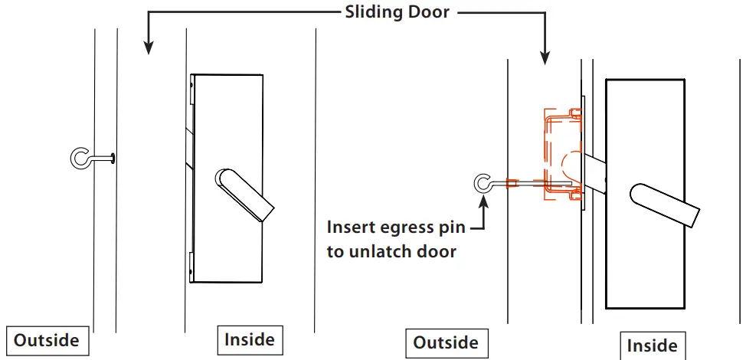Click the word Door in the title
pos(428,13)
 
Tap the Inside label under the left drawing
pos(249,339)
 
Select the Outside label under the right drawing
pos(445,342)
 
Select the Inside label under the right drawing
pos(652,345)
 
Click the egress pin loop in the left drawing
pos(80,158)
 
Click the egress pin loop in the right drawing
pos(484,183)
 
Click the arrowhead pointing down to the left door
pos(148,48)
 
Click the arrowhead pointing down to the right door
pos(545,57)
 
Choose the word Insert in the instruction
pos(350,227)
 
